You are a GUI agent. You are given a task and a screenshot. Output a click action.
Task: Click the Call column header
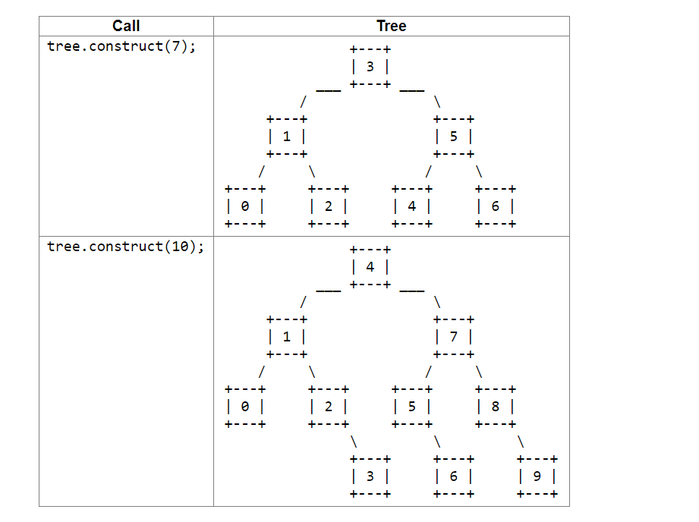126,26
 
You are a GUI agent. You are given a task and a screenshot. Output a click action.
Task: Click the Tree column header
391,26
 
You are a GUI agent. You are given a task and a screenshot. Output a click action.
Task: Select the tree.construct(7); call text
121,46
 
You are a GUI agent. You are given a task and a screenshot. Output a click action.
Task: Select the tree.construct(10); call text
125,247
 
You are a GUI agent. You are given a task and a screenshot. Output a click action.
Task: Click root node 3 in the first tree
370,67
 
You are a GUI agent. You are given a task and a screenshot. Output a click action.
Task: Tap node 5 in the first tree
453,137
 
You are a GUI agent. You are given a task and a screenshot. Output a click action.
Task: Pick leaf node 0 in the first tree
244,206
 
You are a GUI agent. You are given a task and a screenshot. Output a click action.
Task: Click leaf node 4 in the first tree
411,206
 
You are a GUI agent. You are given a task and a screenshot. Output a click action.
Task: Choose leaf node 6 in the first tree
495,206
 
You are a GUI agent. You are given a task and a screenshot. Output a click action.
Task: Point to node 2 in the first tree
328,206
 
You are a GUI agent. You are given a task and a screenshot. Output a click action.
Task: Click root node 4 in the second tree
370,267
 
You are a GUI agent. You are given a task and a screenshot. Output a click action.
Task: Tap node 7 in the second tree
453,337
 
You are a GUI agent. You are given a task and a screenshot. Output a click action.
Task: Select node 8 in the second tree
495,406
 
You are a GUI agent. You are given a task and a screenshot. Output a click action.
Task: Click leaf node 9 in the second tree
537,476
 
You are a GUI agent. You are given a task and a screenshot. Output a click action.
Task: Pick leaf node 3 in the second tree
370,476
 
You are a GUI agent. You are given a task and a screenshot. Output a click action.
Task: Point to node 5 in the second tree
411,406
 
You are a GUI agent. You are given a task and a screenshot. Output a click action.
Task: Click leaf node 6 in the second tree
453,476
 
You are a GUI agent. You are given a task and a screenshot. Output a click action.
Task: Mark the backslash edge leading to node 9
520,442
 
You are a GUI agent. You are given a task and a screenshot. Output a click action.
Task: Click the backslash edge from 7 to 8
478,372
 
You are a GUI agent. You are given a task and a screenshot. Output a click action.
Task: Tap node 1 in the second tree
286,337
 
